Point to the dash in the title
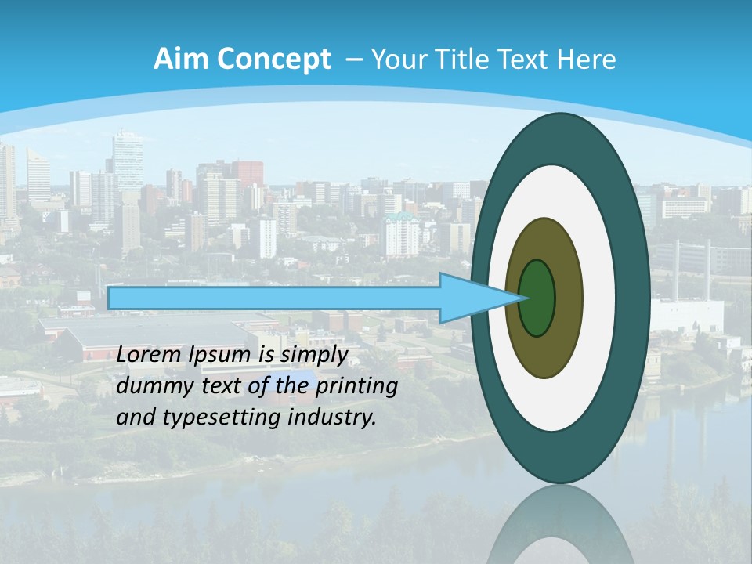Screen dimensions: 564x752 coord(353,60)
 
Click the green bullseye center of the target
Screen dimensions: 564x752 coord(537,298)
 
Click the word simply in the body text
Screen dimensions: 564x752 coord(314,355)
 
